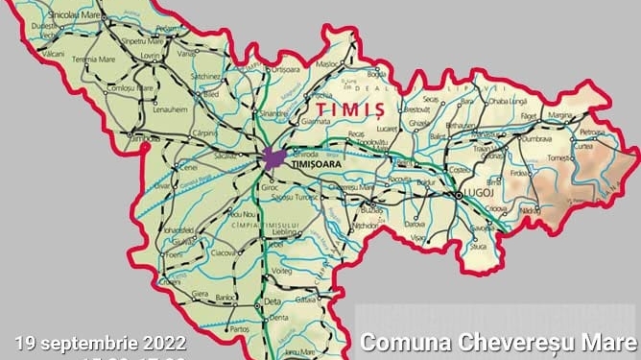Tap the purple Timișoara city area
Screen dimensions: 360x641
click(274, 158)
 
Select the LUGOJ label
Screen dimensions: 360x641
click(475, 195)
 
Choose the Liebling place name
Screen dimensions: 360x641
click(286, 231)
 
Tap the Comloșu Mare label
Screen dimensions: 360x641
click(131, 87)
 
